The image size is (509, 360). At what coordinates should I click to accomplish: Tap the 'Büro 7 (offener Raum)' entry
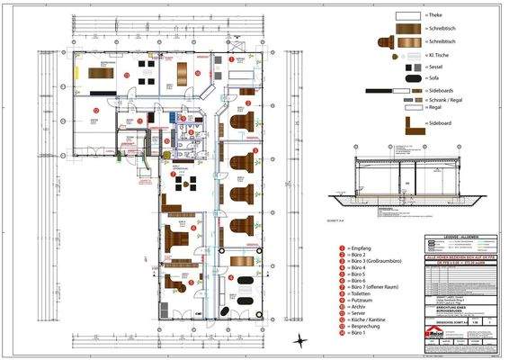tap(376, 291)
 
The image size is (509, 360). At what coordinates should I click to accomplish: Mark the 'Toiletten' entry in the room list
tap(362, 298)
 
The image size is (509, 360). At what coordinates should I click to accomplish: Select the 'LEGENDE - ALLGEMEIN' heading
tap(461, 236)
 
